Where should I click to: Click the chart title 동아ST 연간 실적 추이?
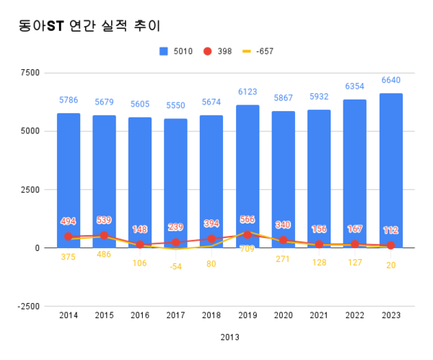click(x=89, y=25)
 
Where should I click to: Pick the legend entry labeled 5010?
click(x=178, y=51)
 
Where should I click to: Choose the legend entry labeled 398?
click(x=218, y=51)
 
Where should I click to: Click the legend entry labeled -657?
click(x=257, y=51)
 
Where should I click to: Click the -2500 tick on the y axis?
click(x=28, y=307)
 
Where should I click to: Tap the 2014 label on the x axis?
click(x=68, y=315)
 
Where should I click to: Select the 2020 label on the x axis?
click(x=283, y=315)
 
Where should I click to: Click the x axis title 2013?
click(x=229, y=337)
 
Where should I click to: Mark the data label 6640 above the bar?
click(x=390, y=80)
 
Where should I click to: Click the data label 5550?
click(x=175, y=105)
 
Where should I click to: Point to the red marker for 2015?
click(x=104, y=235)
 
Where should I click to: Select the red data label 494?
click(x=68, y=221)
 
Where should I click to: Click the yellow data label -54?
click(x=175, y=266)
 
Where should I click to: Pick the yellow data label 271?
click(x=283, y=258)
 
